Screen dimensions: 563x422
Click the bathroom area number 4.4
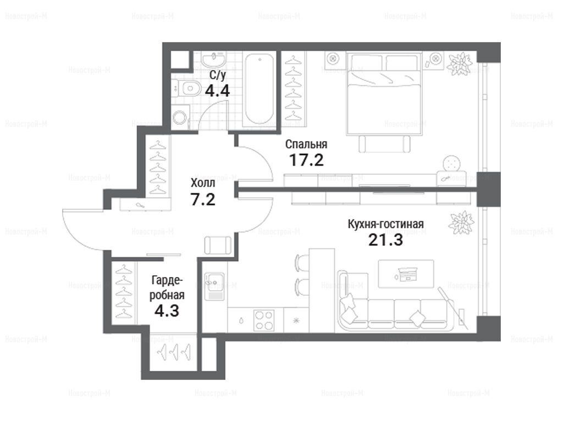(217, 91)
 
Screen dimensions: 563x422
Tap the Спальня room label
(306, 145)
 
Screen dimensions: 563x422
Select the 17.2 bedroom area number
(306, 160)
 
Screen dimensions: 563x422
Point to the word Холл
(203, 183)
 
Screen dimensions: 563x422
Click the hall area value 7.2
(203, 199)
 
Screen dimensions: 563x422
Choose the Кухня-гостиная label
(385, 224)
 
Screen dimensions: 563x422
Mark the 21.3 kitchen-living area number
(385, 240)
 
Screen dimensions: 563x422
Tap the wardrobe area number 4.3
(167, 310)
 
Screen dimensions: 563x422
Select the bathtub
(260, 88)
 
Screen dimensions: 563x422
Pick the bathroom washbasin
(213, 59)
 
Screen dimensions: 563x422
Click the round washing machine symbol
(180, 117)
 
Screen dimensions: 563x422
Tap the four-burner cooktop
(264, 320)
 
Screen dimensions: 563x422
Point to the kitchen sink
(214, 286)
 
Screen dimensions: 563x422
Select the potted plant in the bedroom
(459, 64)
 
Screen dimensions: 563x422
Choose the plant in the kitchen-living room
(461, 223)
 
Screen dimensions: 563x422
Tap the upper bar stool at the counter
(302, 263)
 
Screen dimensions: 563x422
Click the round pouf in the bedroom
(452, 164)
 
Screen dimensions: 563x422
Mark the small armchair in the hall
(218, 245)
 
